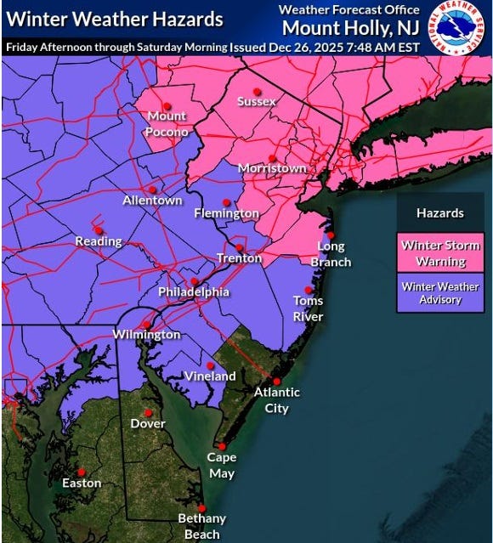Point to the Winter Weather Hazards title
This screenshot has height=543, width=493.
pyautogui.click(x=115, y=19)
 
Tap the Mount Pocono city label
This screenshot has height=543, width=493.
pyautogui.click(x=167, y=122)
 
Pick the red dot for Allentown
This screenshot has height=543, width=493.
pyautogui.click(x=153, y=189)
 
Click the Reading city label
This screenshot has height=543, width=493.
pyautogui.click(x=99, y=241)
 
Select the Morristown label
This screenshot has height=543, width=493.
pyautogui.click(x=272, y=168)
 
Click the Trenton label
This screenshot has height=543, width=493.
pyautogui.click(x=239, y=257)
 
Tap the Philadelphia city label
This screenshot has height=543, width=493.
pyautogui.click(x=194, y=292)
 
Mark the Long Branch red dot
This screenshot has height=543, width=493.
pyautogui.click(x=331, y=235)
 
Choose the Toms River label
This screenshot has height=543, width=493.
pyautogui.click(x=308, y=308)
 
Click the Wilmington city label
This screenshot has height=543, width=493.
pyautogui.click(x=146, y=335)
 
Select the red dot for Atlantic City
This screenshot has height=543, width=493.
pyautogui.click(x=275, y=380)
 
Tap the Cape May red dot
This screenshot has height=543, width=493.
pyautogui.click(x=221, y=445)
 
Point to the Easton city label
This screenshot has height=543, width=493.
pyautogui.click(x=82, y=483)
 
